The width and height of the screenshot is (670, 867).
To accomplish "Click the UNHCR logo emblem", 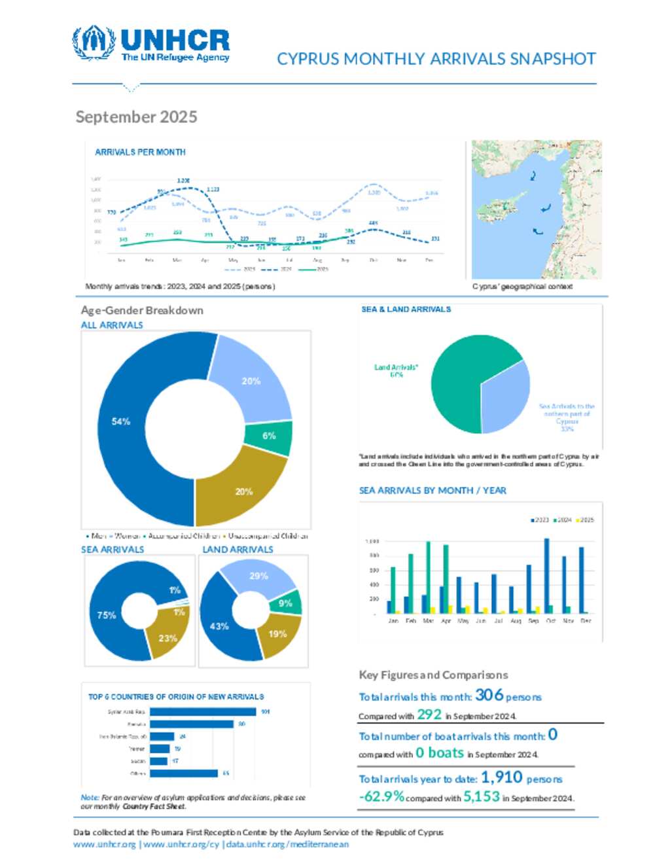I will (x=94, y=43).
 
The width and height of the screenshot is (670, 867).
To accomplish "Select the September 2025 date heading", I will (x=136, y=117).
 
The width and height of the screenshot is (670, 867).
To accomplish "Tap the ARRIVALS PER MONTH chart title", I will (x=140, y=152).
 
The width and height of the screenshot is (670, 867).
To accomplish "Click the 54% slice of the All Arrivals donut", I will (x=121, y=422).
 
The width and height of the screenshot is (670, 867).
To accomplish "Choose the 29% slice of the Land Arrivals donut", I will (x=258, y=576).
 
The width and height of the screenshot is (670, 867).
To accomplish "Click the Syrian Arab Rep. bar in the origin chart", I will (x=203, y=712).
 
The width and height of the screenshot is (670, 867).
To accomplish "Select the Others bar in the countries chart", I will (x=184, y=773).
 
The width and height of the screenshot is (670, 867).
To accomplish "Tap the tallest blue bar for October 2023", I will (x=547, y=576).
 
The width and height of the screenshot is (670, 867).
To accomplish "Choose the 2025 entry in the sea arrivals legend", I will (x=585, y=520).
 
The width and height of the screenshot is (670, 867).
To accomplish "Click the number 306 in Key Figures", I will (x=489, y=695).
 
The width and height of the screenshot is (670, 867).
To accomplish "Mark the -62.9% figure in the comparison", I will (x=381, y=796).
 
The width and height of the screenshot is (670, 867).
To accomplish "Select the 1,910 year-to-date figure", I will (x=502, y=777).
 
